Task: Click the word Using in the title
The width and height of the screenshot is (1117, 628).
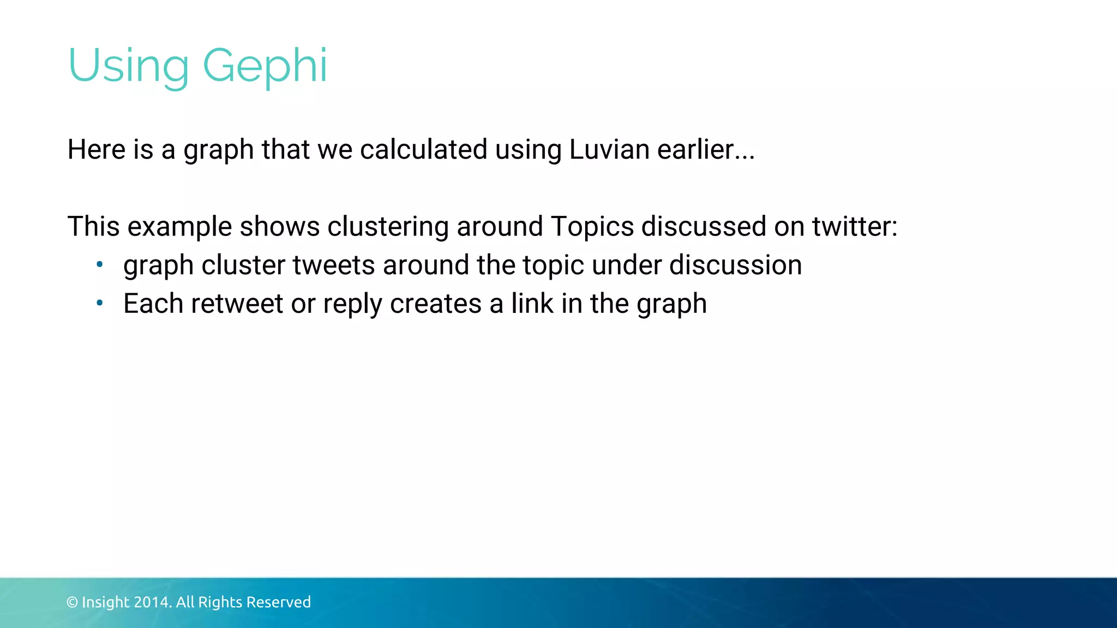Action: (128, 66)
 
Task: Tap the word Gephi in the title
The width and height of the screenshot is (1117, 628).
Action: (265, 66)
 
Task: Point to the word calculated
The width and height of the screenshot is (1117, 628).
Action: (424, 149)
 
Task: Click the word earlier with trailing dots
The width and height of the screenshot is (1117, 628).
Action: (706, 149)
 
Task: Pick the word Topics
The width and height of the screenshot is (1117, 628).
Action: (592, 226)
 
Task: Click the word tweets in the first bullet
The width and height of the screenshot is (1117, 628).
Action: (334, 265)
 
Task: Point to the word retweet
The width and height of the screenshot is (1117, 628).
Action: (237, 304)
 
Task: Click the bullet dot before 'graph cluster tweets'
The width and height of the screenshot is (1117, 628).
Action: (99, 265)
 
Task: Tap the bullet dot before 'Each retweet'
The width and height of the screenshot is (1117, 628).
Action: (99, 303)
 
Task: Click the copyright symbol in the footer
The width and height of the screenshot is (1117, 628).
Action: (72, 602)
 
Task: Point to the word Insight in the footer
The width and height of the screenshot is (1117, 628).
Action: (105, 602)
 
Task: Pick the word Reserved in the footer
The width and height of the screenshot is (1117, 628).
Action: (279, 602)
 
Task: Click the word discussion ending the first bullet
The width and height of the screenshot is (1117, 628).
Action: (735, 265)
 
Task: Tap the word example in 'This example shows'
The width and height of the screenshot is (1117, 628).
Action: (179, 226)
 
